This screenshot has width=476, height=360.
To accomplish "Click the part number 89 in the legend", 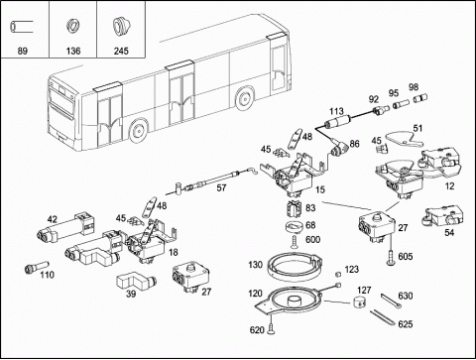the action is pos(22,51).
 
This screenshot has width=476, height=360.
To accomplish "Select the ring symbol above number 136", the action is pos(73,26).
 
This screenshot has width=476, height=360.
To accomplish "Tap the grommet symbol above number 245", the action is pos(121,26).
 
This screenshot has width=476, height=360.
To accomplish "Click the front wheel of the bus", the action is pos(138,130).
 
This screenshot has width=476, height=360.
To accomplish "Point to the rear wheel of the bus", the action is pos(244,98).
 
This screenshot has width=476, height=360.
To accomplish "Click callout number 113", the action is pos(336,110).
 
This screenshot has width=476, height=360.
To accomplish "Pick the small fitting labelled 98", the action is pos(420,98).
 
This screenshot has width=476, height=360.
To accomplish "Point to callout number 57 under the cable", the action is pos(221,187).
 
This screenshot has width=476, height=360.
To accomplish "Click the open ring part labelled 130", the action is pos(295,267).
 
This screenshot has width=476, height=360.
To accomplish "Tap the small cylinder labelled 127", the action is pos(360,301).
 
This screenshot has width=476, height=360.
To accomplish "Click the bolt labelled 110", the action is pos(37,267).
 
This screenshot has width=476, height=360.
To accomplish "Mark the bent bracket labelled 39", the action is pos(136,280).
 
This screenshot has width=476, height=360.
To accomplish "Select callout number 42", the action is pos(53,219).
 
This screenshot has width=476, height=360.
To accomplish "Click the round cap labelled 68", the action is pos(295,228).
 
